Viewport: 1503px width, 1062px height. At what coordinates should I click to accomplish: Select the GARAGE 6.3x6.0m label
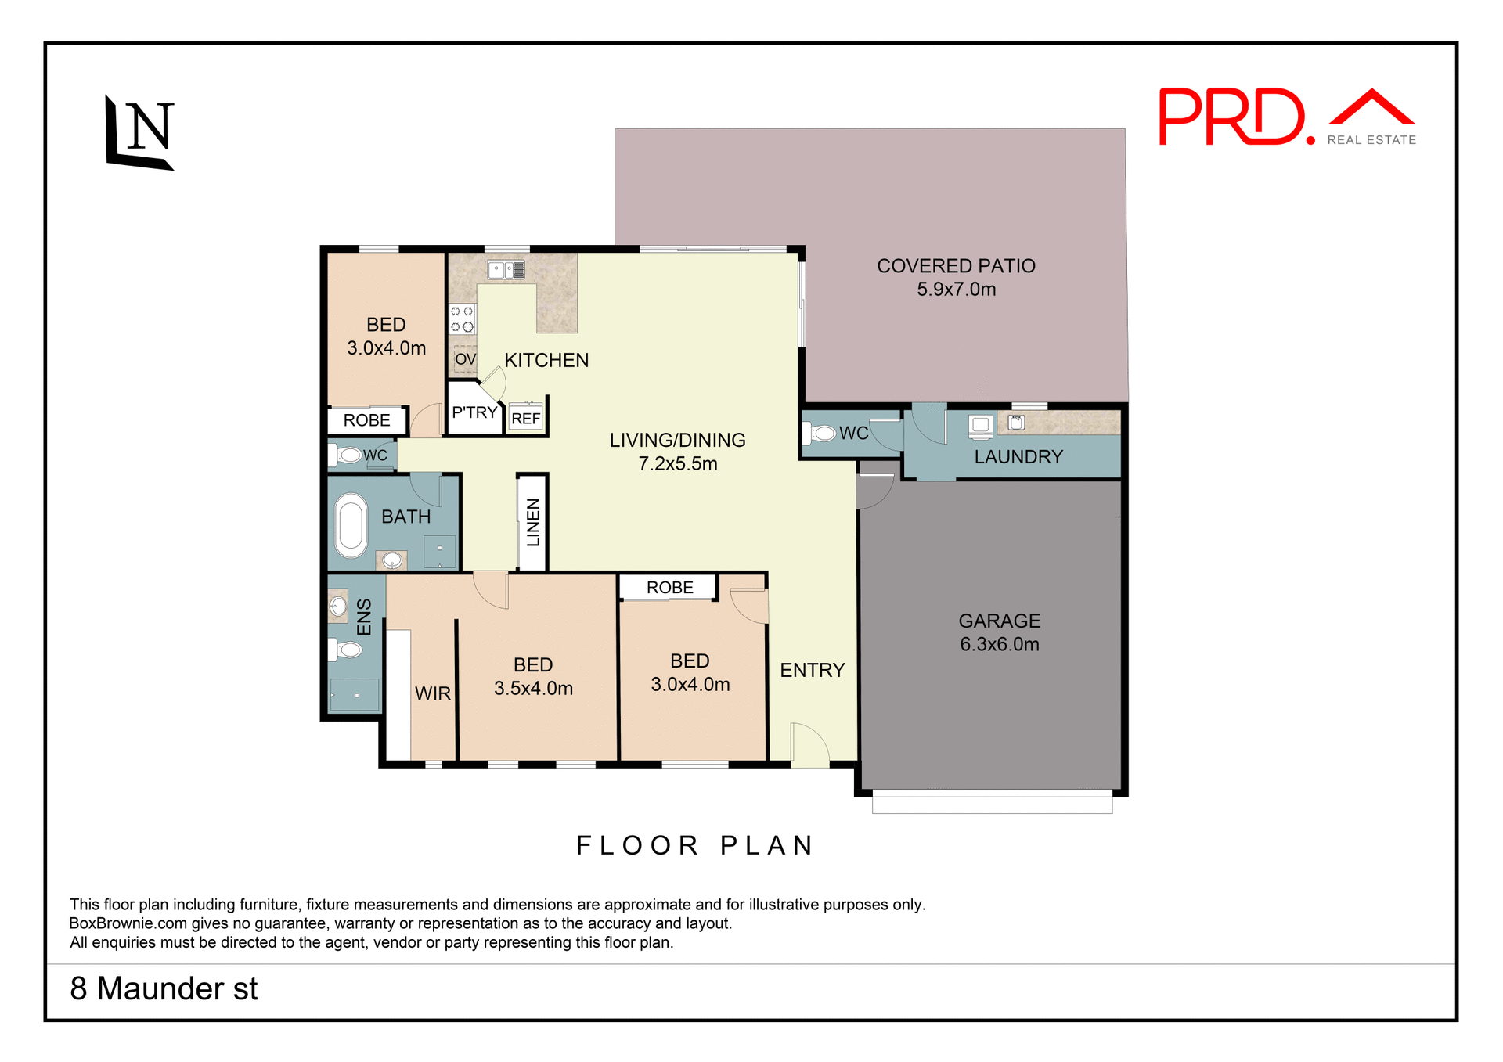tap(1000, 632)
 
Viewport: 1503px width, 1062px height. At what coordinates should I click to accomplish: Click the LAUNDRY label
tap(1018, 457)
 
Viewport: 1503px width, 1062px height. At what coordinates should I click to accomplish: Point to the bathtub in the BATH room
tap(351, 525)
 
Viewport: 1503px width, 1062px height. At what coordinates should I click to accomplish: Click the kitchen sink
tap(506, 270)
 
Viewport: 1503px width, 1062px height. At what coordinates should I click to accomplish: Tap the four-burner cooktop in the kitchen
tap(462, 319)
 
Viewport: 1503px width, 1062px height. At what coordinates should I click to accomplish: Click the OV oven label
tap(465, 359)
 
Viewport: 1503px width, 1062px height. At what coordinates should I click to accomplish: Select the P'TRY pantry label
tap(474, 412)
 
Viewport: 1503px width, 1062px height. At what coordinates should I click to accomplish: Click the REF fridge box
tap(526, 419)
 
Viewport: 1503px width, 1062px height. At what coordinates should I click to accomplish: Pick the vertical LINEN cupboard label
tap(533, 522)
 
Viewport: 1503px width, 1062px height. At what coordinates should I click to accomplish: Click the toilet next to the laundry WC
tap(820, 433)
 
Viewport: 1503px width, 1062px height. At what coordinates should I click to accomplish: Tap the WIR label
tap(433, 693)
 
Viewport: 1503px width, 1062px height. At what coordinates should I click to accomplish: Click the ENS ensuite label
tap(364, 617)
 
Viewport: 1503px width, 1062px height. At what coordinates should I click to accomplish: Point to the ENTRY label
tap(813, 671)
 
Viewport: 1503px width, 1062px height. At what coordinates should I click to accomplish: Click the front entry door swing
tap(809, 745)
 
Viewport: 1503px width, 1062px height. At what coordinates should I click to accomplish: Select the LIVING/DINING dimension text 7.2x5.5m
tap(678, 464)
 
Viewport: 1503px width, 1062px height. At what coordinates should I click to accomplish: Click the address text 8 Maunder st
tap(164, 989)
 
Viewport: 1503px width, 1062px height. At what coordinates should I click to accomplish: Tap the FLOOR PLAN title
tap(696, 846)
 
